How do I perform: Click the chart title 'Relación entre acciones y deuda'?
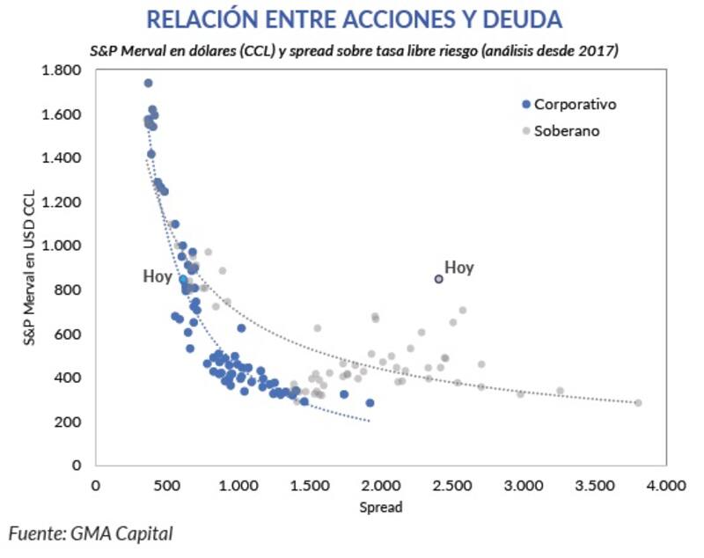(354, 19)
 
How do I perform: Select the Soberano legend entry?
(568, 131)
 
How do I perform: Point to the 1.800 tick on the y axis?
(63, 70)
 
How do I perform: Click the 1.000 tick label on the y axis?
(63, 246)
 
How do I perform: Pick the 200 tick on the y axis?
(70, 422)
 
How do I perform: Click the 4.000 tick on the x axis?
(666, 485)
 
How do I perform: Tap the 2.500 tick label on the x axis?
(452, 485)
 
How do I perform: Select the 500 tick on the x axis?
(167, 485)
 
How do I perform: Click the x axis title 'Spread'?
(381, 508)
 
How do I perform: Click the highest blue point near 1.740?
(148, 83)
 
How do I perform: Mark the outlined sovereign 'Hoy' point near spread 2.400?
(439, 279)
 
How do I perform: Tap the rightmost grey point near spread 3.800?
(638, 403)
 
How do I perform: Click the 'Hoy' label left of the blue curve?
(158, 276)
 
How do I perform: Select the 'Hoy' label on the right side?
(458, 267)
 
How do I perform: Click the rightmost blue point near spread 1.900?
(370, 403)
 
